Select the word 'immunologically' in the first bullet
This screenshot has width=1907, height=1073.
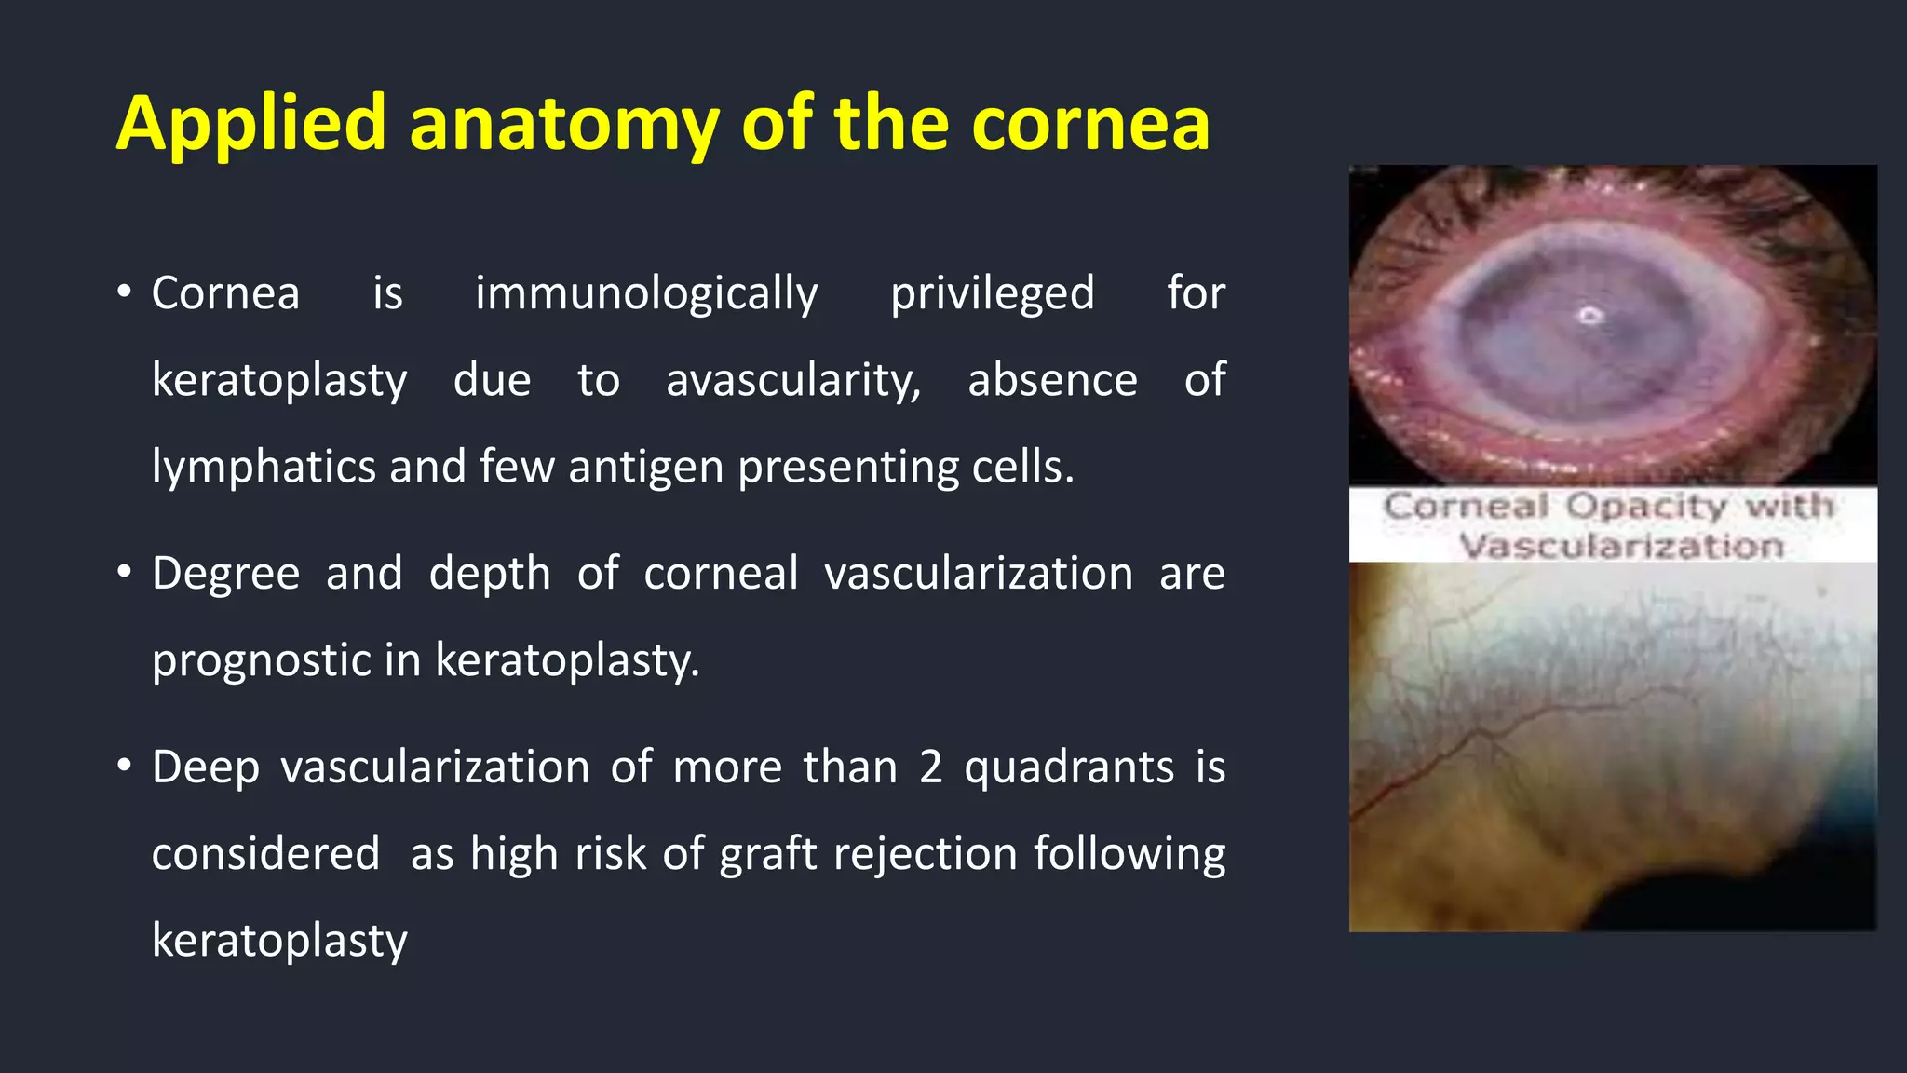646,294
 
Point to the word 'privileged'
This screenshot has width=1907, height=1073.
993,294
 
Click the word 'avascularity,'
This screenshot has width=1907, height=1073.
793,381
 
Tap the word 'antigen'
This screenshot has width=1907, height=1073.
646,468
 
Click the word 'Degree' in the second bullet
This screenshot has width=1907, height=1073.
226,574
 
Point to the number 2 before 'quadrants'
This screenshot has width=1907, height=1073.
931,767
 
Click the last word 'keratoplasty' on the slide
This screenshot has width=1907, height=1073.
279,941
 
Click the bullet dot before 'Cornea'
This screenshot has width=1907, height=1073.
125,292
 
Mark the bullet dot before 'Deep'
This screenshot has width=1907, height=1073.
125,767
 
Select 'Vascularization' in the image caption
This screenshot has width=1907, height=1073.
1621,546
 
